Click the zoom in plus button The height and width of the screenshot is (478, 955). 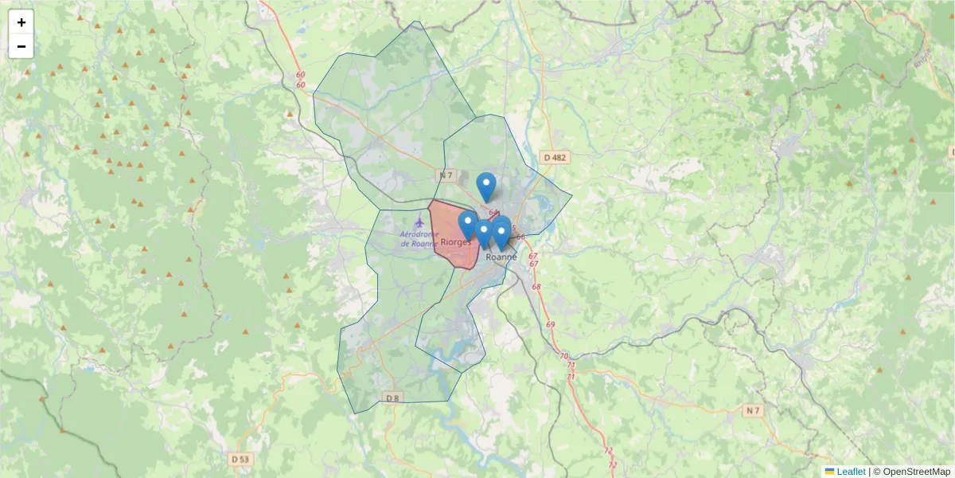pyautogui.click(x=21, y=22)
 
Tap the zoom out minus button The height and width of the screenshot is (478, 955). pyautogui.click(x=21, y=46)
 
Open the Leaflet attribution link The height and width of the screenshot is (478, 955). pyautogui.click(x=850, y=472)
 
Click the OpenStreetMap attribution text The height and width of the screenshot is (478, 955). pyautogui.click(x=917, y=472)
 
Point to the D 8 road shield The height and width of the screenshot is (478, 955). pyautogui.click(x=392, y=398)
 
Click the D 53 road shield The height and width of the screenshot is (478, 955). pyautogui.click(x=240, y=459)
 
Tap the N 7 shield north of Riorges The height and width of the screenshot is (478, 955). pyautogui.click(x=446, y=174)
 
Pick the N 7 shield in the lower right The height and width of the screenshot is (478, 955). pyautogui.click(x=753, y=410)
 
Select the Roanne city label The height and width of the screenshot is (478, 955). pyautogui.click(x=501, y=257)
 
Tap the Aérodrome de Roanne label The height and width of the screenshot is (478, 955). pyautogui.click(x=419, y=238)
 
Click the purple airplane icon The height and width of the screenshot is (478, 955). pyautogui.click(x=421, y=218)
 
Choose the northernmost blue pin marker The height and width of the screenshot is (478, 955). pyautogui.click(x=486, y=186)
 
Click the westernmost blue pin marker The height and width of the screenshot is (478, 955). pyautogui.click(x=467, y=224)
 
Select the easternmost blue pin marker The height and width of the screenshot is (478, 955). pyautogui.click(x=501, y=231)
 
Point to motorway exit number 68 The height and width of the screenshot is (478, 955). pyautogui.click(x=536, y=287)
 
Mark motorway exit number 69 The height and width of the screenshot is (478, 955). pyautogui.click(x=551, y=325)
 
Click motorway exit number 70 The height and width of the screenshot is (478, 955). pyautogui.click(x=564, y=356)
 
